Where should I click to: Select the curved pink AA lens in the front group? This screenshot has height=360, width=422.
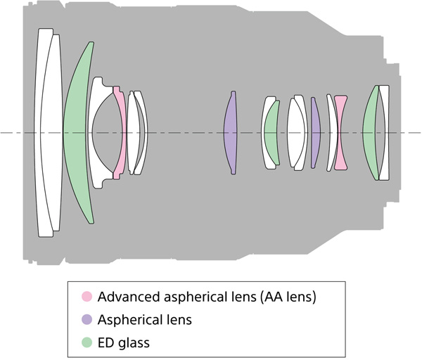[120, 132]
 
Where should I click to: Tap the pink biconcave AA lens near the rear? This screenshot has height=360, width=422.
[340, 132]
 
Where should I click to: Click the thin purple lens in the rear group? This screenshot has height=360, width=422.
[315, 132]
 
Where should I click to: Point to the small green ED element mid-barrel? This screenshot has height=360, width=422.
[271, 132]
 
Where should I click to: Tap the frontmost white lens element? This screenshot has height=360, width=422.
[45, 132]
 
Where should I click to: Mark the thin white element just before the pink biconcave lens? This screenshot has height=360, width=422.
[330, 132]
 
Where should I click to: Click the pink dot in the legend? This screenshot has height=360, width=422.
[88, 297]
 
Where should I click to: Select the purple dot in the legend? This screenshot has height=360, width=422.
[88, 320]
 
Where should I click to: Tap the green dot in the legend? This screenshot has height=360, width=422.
[88, 342]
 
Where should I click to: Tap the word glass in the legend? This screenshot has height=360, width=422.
[134, 342]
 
